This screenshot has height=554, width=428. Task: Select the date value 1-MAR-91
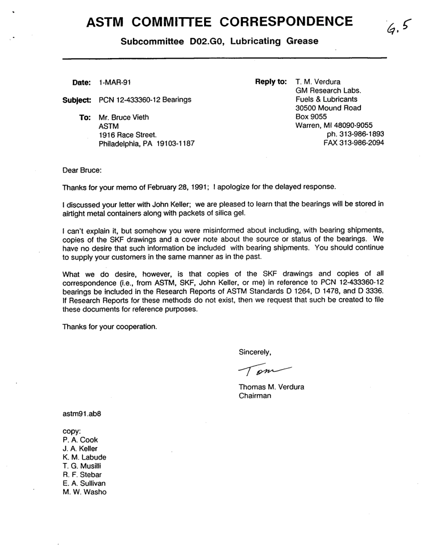pyautogui.click(x=115, y=82)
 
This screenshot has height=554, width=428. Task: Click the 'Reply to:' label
pyautogui.click(x=271, y=82)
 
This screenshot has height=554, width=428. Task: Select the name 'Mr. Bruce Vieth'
pyautogui.click(x=123, y=117)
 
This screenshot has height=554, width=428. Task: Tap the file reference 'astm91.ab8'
pyautogui.click(x=82, y=413)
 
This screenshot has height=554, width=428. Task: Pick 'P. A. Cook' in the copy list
pyautogui.click(x=80, y=440)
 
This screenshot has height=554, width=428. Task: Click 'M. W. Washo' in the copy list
pyautogui.click(x=85, y=492)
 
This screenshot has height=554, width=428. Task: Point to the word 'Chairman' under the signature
pyautogui.click(x=255, y=396)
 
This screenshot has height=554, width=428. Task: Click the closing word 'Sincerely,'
pyautogui.click(x=255, y=352)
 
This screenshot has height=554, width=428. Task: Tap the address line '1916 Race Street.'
pyautogui.click(x=128, y=135)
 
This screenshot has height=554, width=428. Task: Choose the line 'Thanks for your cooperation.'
pyautogui.click(x=109, y=326)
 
